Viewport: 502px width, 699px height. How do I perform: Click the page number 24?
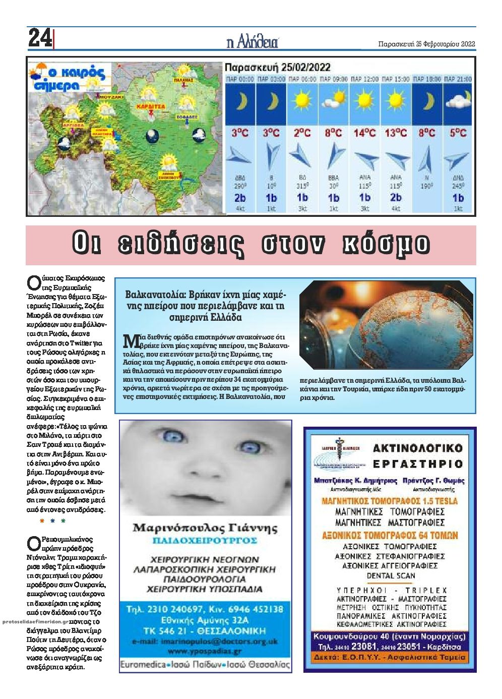pos(40,38)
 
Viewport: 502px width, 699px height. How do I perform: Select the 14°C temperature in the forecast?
pos(364,133)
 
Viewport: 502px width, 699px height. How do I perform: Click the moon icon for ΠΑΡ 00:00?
pos(240,101)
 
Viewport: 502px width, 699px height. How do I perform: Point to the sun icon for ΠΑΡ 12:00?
pos(364,99)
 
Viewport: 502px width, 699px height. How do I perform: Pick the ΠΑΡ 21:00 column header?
pos(458,79)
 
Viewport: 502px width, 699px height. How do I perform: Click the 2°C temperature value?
pos(302,133)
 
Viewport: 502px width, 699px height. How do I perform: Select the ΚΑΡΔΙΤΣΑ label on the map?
pos(151,107)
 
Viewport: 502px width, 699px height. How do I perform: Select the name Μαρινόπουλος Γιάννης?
pos(205,529)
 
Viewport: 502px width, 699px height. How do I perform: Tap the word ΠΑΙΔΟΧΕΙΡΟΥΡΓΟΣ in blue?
pos(205,541)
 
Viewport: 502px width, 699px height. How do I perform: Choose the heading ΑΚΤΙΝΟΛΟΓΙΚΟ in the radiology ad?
pos(417,448)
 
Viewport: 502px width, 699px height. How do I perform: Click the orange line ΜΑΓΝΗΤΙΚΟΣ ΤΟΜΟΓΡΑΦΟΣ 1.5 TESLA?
pos(390,501)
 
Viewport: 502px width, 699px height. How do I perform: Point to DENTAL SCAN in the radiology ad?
pos(391,576)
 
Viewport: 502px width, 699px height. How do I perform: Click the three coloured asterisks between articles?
pos(52,521)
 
